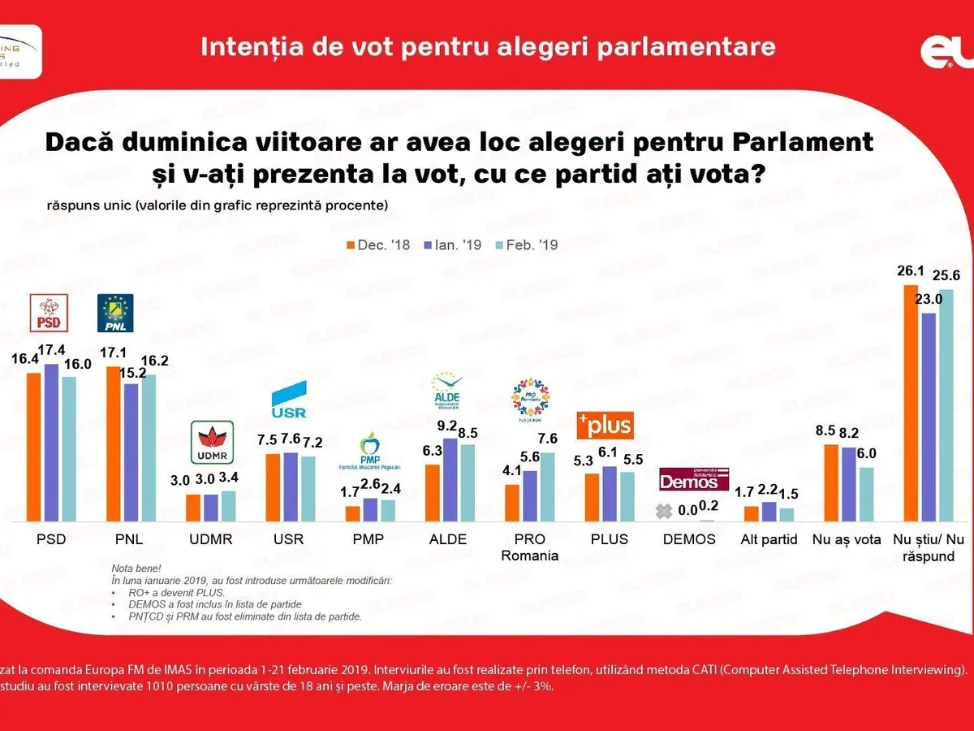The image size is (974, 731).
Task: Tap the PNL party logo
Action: pos(115,313)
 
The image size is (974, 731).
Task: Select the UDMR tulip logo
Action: pos(211,443)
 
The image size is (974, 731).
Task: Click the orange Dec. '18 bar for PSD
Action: pos(34,446)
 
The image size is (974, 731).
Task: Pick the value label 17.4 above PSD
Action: pos(51,352)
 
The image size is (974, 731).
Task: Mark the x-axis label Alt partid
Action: pos(769,539)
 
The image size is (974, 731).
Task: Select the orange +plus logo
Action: pos(604,425)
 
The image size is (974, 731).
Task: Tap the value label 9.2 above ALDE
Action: pos(446,426)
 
